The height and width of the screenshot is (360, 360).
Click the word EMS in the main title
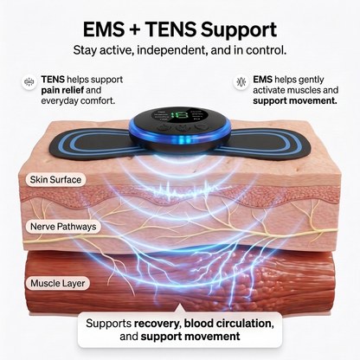click(104, 29)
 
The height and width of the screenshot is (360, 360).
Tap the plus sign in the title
click(135, 30)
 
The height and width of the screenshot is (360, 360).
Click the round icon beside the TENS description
click(29, 82)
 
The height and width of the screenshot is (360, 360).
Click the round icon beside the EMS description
click(241, 82)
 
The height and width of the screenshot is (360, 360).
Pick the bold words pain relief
click(62, 90)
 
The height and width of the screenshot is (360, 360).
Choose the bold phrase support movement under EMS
click(295, 101)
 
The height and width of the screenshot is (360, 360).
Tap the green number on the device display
click(179, 116)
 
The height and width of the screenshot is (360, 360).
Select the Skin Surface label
click(55, 180)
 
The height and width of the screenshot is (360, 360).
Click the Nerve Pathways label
click(63, 227)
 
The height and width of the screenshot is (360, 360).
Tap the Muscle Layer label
click(58, 283)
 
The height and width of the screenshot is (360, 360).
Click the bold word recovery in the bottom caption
click(157, 324)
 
